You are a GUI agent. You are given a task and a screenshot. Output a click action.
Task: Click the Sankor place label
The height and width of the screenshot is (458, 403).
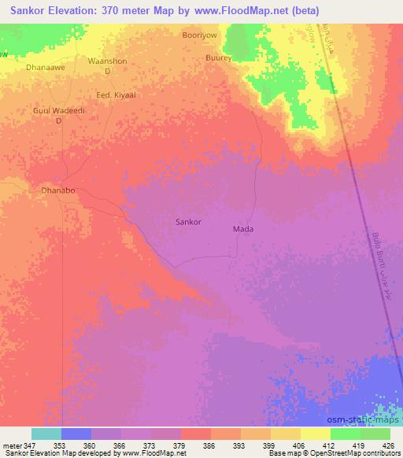click(193, 222)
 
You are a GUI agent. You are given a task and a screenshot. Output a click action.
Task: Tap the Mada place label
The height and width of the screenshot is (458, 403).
click(242, 229)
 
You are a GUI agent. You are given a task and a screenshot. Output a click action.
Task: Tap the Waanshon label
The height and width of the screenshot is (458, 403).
click(107, 61)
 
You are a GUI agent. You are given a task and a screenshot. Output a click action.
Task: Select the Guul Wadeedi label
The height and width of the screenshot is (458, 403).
click(57, 112)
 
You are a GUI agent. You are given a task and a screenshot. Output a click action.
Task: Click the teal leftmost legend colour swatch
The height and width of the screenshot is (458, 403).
click(46, 434)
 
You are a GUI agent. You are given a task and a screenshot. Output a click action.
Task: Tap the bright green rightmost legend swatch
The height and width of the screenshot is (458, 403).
click(375, 434)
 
